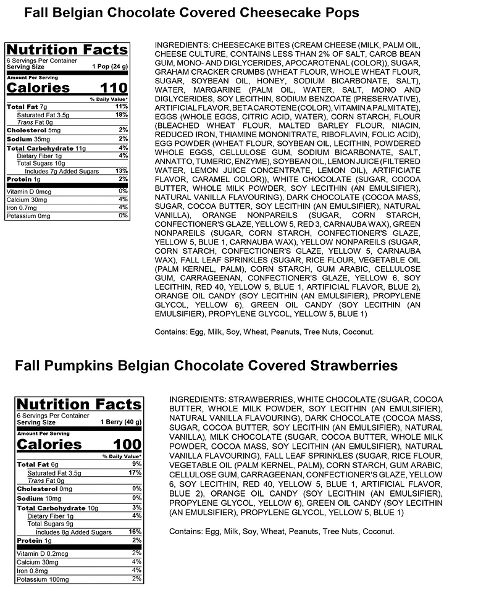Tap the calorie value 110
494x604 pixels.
coord(111,88)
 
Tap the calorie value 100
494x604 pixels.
coord(126,445)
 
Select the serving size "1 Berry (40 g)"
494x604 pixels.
coord(122,422)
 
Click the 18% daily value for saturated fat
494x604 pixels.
coord(122,115)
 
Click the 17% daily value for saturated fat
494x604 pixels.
coord(136,473)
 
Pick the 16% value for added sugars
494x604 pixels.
coord(136,531)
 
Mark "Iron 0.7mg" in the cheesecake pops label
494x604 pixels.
coord(24,208)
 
